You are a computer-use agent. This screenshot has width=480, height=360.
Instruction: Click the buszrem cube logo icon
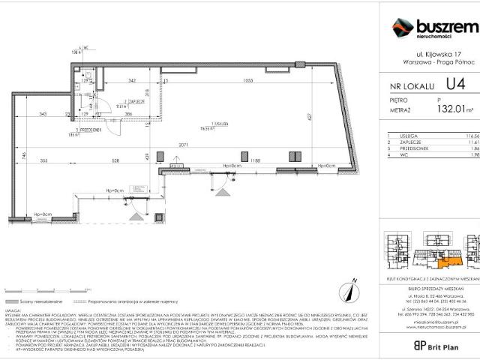403,28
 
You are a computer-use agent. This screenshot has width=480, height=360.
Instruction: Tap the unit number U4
455,85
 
